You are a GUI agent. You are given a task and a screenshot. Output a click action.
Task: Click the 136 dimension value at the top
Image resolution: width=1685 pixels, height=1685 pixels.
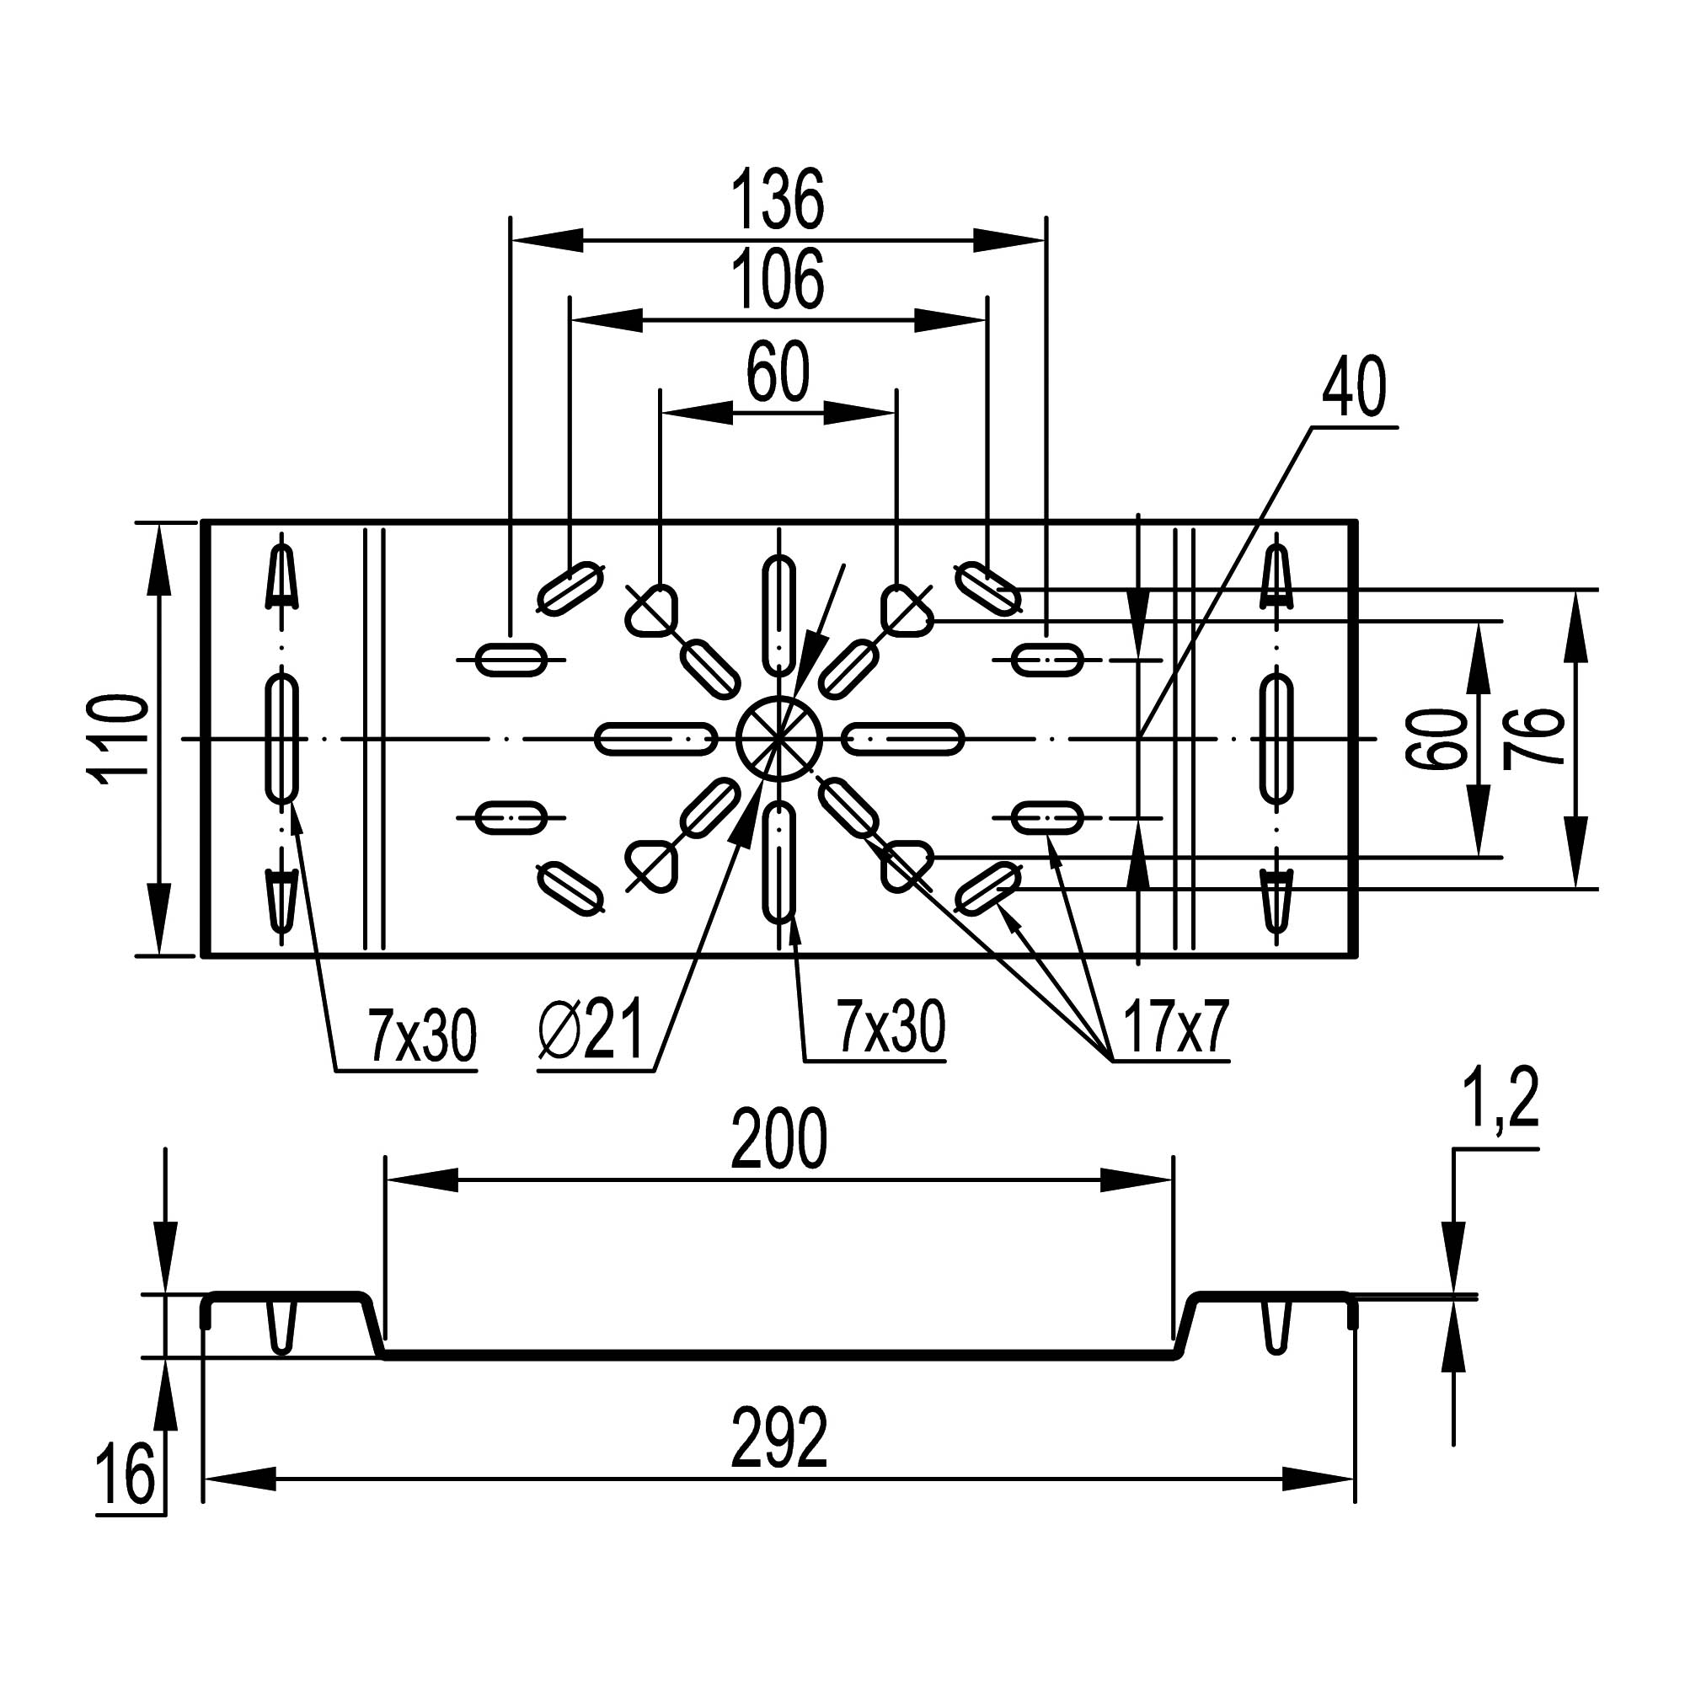tap(776, 201)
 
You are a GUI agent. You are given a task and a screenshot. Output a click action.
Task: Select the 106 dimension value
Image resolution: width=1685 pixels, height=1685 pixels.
tap(776, 281)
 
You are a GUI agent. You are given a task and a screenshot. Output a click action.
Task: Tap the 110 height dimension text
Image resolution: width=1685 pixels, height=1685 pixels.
tap(121, 740)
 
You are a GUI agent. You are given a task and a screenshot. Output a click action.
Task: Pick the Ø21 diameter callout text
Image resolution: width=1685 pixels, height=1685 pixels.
tap(591, 1030)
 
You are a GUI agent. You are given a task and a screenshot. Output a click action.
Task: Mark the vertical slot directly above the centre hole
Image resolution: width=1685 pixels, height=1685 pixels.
tap(778, 615)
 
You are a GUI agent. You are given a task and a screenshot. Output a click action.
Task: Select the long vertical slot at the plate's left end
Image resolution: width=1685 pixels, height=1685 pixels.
tap(281, 738)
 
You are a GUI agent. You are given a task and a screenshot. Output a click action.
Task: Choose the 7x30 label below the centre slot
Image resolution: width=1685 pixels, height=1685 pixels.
tap(891, 1027)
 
